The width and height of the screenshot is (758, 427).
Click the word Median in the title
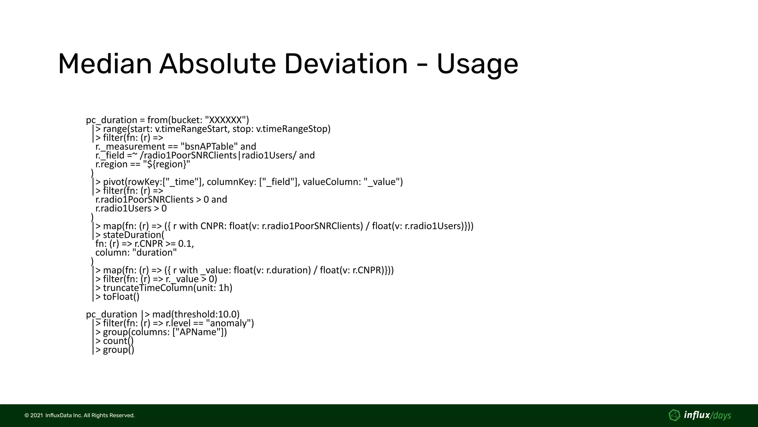105,64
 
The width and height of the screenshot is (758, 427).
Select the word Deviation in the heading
346,64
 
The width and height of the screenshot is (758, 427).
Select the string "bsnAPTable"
209,146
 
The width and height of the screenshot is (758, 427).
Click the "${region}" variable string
166,164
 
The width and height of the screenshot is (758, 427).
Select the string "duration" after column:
155,253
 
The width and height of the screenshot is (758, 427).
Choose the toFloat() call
121,297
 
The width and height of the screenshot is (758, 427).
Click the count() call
118,341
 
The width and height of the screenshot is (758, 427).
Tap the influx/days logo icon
674,416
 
